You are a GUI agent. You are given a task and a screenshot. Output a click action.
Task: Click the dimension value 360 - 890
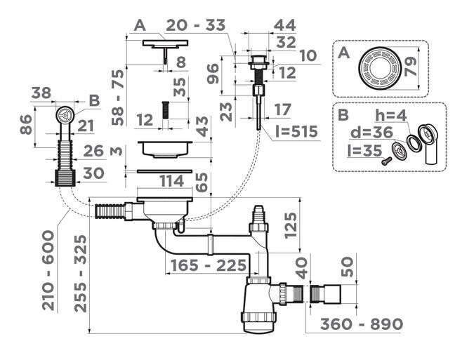click(x=362, y=324)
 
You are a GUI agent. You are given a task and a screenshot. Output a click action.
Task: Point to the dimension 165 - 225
click(x=206, y=266)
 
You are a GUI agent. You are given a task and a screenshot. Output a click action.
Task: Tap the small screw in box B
click(x=385, y=161)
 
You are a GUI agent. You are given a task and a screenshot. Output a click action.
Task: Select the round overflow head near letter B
click(x=63, y=114)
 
